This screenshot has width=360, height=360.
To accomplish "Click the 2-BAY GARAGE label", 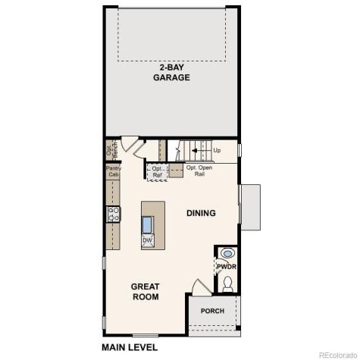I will tap(171, 72).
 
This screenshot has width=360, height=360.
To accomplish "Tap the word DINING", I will tap(201, 213).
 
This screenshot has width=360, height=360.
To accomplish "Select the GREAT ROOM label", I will tap(145, 292).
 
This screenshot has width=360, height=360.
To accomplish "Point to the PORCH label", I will tap(212, 311).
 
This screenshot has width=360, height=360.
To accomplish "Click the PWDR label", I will tap(226, 267).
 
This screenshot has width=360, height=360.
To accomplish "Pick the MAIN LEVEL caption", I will tap(130, 347).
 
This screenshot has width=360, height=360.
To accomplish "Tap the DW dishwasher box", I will tap(148, 241).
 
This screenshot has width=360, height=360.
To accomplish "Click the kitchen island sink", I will tap(148, 225).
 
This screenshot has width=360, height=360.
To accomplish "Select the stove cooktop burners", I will tap(113, 214).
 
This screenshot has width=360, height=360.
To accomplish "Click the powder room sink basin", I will tap(227, 253).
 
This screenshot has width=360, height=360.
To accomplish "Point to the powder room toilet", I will tap(227, 283).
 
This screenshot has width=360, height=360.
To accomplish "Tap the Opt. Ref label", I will tap(158, 172).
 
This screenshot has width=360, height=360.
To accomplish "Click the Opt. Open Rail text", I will tap(199, 171).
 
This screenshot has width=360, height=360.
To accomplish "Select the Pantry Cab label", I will tap(113, 171).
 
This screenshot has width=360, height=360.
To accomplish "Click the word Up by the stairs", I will tap(218, 150).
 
